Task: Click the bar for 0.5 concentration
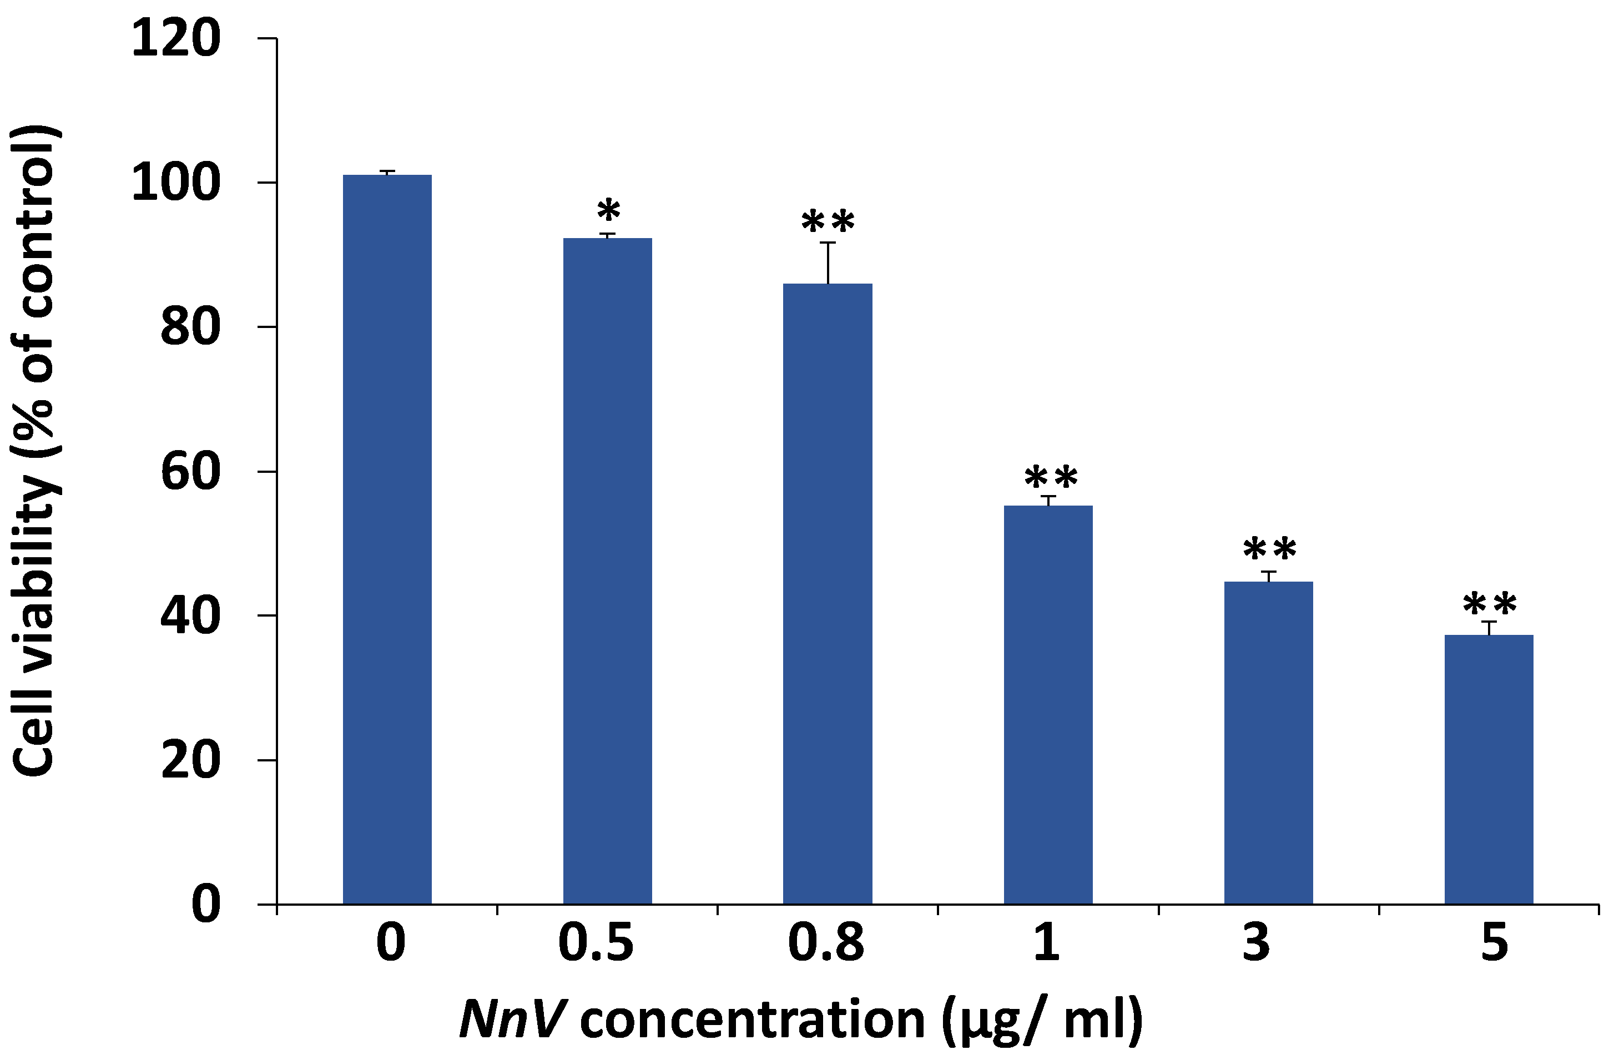[607, 571]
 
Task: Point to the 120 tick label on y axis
[176, 39]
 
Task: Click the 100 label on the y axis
[176, 183]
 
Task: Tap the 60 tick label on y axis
[190, 472]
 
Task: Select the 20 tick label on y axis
[190, 760]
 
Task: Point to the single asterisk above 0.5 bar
[608, 211]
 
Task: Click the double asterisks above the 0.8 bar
[828, 222]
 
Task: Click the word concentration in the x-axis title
[751, 1019]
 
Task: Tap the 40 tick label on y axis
[190, 616]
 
